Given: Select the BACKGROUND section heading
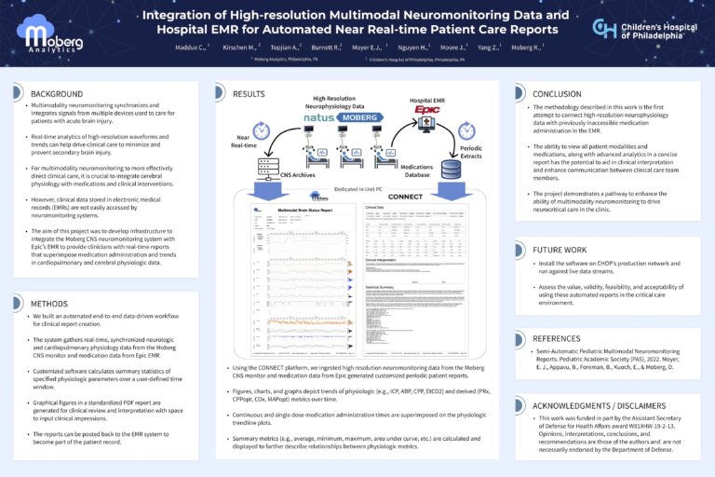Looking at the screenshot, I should tap(58, 94).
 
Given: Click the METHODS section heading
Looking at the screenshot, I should tap(51, 304).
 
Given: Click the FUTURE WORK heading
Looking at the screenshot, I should tap(560, 250).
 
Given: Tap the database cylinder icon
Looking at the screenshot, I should tap(451, 170).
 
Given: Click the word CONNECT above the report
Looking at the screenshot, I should tap(404, 198).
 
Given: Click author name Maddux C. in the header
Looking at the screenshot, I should tap(189, 47).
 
